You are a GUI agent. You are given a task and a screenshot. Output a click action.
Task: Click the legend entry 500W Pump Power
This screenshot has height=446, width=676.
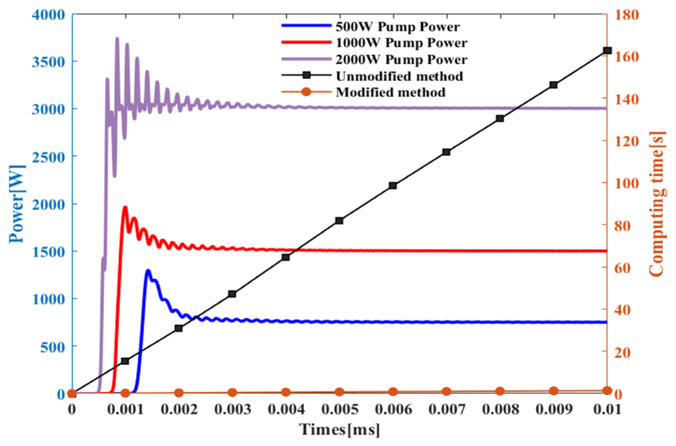[398, 27]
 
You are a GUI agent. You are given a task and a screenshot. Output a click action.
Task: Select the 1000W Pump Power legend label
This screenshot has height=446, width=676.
[401, 43]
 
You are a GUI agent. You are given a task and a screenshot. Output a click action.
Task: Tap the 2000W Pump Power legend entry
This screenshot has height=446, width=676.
[401, 59]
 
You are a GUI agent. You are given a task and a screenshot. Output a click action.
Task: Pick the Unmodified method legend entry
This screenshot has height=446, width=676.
[399, 76]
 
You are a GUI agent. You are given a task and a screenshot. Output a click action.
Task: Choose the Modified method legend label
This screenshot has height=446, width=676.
[390, 92]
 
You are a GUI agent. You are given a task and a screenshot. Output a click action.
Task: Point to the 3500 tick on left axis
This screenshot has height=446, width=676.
[48, 62]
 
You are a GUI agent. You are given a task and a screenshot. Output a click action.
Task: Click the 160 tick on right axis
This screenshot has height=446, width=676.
[626, 57]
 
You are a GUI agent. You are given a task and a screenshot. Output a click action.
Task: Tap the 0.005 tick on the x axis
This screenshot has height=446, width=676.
[340, 409]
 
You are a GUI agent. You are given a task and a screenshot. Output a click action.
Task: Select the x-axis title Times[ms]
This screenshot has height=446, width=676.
[339, 429]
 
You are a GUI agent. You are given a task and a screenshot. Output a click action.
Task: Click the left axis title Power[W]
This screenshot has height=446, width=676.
[17, 204]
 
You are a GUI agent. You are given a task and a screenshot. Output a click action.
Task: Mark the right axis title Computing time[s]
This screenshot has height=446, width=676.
[657, 204]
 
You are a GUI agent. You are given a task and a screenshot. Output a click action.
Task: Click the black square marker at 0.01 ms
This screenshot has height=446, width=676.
[607, 51]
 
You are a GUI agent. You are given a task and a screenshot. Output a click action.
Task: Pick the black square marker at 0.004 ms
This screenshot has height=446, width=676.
[286, 257]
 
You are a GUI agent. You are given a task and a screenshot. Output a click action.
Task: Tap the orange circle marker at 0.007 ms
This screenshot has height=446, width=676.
[446, 391]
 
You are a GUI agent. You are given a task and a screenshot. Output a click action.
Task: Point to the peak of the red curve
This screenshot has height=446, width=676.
[125, 207]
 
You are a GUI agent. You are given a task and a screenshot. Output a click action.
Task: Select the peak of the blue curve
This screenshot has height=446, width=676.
[148, 271]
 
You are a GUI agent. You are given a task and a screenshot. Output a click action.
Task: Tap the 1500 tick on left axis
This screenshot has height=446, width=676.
[48, 252]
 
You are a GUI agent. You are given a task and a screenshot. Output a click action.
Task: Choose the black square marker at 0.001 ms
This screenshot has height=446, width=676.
[125, 361]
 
